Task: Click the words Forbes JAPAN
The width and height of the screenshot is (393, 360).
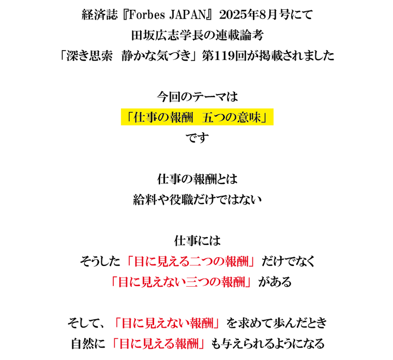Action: [x=168, y=15]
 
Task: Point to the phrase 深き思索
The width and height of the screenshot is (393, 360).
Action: [x=89, y=56]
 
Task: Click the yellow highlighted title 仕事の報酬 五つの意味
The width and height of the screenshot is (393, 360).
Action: [x=197, y=117]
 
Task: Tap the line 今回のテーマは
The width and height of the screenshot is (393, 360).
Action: [x=197, y=97]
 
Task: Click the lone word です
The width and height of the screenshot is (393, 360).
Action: [x=197, y=138]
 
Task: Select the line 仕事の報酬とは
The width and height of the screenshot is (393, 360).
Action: [x=197, y=179]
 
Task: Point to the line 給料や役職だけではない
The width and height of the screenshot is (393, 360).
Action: [x=197, y=199]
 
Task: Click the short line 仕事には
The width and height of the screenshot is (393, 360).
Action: [x=197, y=241]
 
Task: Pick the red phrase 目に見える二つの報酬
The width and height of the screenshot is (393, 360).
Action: [x=191, y=261]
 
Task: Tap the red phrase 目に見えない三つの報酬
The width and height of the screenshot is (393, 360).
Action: [x=181, y=281]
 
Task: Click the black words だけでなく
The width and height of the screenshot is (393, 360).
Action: [x=288, y=261]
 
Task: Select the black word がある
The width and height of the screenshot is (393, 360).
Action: [x=275, y=281]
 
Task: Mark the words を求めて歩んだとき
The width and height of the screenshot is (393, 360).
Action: [x=277, y=323]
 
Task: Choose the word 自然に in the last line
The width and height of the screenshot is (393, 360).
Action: [x=88, y=343]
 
